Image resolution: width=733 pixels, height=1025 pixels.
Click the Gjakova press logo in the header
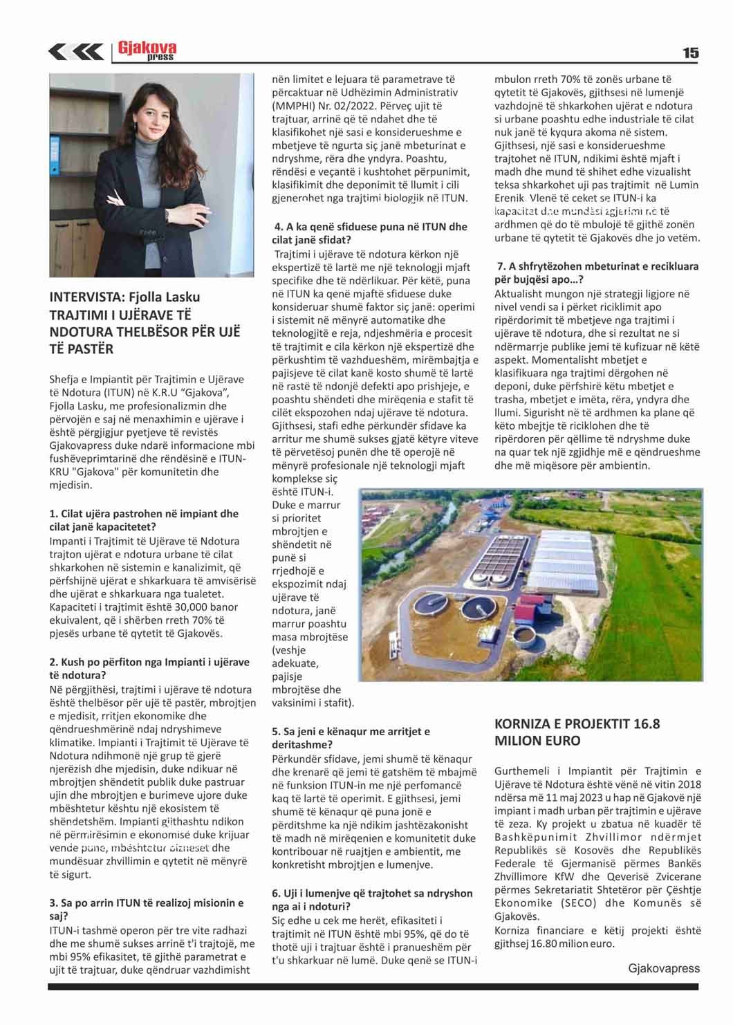(147, 50)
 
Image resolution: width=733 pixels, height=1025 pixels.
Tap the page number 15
(690, 53)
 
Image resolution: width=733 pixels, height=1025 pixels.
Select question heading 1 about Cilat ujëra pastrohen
(144, 520)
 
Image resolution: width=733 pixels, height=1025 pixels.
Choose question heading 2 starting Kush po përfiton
(149, 668)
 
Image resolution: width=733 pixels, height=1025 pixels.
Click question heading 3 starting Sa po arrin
(147, 909)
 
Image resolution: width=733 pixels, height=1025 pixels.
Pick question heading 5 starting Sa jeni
(351, 738)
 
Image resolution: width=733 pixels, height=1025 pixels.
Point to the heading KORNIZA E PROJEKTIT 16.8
(577, 732)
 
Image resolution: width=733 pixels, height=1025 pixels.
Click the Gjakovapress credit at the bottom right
(664, 968)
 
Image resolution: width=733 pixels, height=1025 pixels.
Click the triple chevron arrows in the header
(76, 52)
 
